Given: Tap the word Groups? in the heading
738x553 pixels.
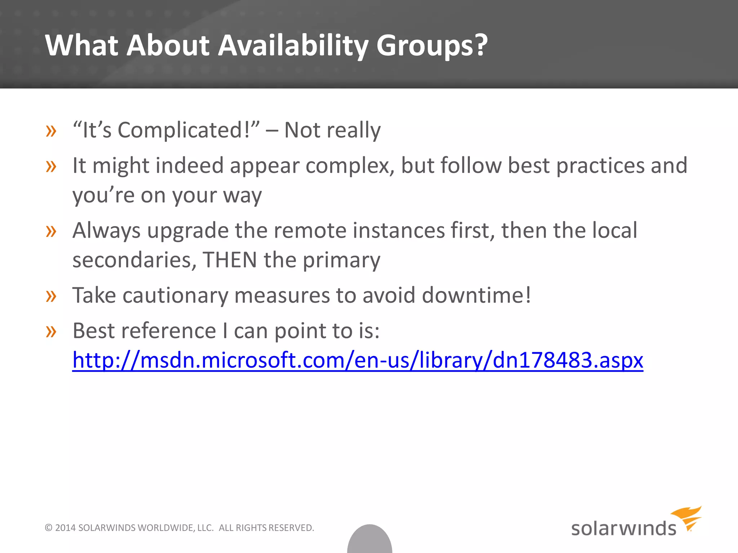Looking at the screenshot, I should click(x=432, y=45).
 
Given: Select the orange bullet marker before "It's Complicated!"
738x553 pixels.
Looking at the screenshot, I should click(x=51, y=131).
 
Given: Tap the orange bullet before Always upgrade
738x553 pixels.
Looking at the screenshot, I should click(x=51, y=231).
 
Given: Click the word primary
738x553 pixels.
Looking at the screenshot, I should click(x=341, y=260).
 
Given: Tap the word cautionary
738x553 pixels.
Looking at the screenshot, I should click(x=175, y=296).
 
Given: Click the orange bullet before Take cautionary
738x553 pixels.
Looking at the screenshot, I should click(x=51, y=296).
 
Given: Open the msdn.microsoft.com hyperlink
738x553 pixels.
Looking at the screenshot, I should click(x=357, y=360).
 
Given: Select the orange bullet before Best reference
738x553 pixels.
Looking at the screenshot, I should click(x=51, y=332).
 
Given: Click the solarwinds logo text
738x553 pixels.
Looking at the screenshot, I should click(x=623, y=528).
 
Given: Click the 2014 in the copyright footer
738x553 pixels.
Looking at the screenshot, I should click(x=65, y=528).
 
